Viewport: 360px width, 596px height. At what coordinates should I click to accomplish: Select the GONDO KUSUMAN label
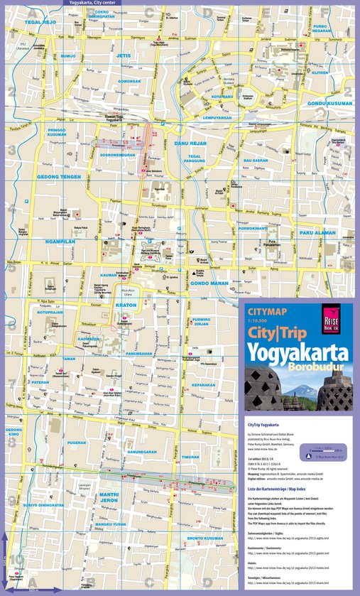tap(329, 103)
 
